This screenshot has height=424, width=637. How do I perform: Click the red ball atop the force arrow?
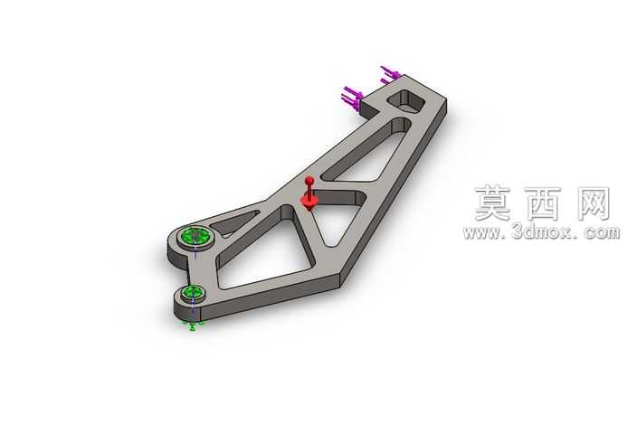309,180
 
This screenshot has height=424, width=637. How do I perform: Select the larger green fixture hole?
195,236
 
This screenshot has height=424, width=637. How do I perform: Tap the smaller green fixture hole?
193,292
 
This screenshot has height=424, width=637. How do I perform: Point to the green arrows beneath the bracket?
194,325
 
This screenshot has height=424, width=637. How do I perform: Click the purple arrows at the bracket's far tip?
390,75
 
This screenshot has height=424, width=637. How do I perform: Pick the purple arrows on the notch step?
352,98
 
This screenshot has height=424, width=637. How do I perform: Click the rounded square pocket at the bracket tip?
406,101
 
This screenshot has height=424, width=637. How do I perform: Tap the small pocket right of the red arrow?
339,198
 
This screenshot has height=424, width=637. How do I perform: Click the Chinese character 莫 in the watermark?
492,203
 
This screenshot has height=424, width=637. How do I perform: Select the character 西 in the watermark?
543,203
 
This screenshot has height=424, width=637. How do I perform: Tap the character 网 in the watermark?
593,203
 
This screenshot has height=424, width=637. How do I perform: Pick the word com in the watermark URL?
602,233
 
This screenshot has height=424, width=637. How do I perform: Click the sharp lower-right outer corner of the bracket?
340,285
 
